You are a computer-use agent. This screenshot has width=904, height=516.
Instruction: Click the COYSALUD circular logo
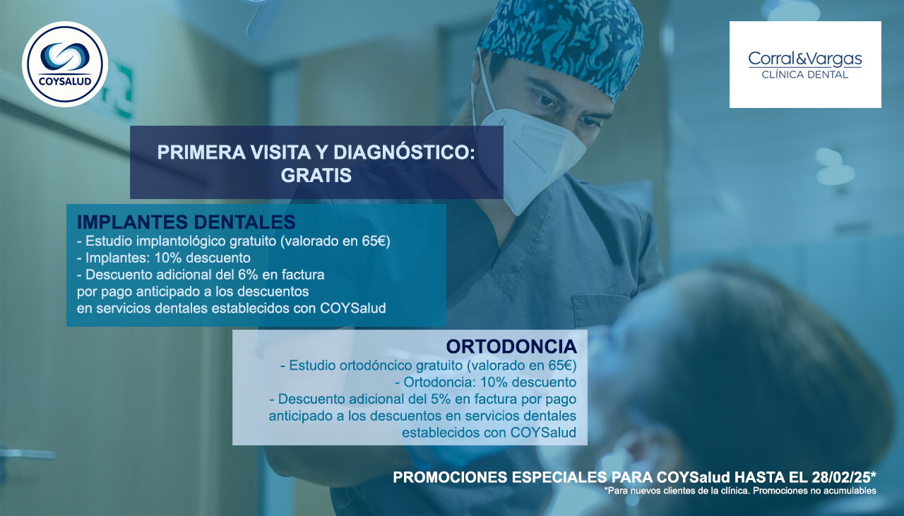click(65, 64)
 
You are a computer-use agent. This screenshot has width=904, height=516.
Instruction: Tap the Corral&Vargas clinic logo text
click(805, 59)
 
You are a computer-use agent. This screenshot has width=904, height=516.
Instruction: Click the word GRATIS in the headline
click(316, 176)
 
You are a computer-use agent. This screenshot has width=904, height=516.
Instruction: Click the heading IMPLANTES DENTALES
click(186, 222)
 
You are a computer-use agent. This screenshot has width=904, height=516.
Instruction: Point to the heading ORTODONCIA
click(511, 347)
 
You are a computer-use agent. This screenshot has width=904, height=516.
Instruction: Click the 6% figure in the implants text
click(248, 275)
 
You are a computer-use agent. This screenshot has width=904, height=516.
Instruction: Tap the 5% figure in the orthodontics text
click(441, 399)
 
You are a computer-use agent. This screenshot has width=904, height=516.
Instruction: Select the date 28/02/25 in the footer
click(841, 477)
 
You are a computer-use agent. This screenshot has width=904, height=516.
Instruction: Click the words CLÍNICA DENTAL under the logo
click(805, 75)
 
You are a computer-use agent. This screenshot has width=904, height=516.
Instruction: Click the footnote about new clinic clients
click(740, 491)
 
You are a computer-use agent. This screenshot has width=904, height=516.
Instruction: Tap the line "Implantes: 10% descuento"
click(163, 258)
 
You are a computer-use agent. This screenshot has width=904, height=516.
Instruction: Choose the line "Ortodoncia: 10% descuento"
click(485, 382)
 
